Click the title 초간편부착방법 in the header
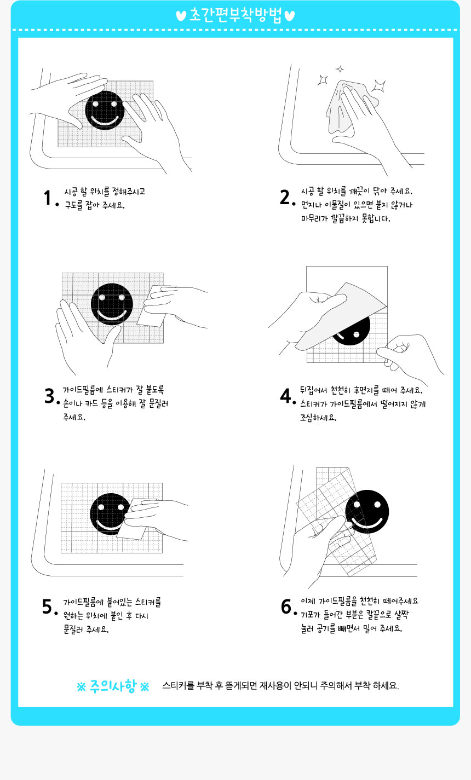pos(235,15)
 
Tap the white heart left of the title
pos(181,16)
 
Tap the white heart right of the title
pos(290,16)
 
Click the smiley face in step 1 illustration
pos(105,111)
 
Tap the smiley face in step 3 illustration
pos(112,304)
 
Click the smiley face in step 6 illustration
pos(367,512)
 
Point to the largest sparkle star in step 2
pos(378,85)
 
